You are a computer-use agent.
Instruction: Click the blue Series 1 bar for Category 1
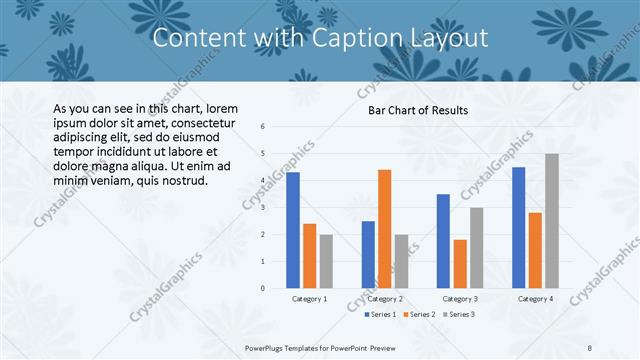click(293, 230)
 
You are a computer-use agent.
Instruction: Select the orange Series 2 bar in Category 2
click(385, 229)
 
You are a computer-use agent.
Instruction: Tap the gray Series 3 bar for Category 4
click(552, 221)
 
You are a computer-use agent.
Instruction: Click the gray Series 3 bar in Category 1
click(326, 261)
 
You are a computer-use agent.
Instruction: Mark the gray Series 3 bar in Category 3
click(477, 248)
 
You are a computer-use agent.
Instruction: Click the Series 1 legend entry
click(381, 314)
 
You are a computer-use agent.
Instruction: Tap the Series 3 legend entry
click(458, 314)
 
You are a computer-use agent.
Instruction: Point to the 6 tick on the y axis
click(262, 127)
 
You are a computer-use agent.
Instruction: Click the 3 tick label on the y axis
click(262, 208)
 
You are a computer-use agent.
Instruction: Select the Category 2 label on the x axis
click(385, 299)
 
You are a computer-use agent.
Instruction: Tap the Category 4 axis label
click(535, 299)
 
